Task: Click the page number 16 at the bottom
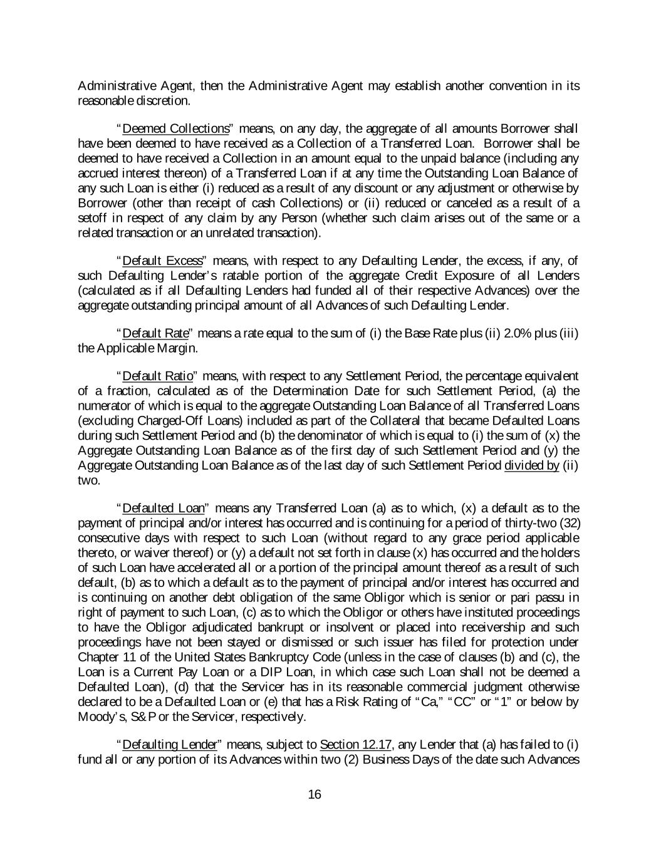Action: click(x=315, y=795)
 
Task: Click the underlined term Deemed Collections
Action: click(x=176, y=129)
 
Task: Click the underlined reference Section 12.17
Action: click(x=356, y=745)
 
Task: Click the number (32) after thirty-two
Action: click(x=568, y=523)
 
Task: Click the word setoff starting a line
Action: click(x=92, y=218)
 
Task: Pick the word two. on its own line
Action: click(x=88, y=480)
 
